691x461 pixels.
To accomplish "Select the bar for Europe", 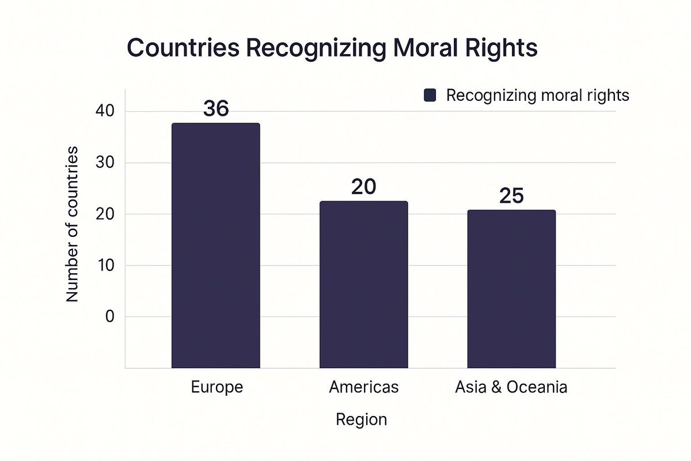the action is point(215,245).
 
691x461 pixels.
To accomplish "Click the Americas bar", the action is point(364,285).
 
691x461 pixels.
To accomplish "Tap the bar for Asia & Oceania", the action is point(511,289).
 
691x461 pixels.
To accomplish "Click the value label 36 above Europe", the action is point(216,108).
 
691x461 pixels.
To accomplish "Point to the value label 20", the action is point(364,187).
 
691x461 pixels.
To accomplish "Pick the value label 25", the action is point(511,196).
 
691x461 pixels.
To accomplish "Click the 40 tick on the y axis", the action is point(105,111).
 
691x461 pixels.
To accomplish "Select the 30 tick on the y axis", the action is point(105,162).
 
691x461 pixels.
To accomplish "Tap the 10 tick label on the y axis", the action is point(106,265).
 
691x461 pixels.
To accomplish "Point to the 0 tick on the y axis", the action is point(110,316).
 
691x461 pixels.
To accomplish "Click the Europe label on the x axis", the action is point(217,387).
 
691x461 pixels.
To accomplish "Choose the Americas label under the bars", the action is point(364,387).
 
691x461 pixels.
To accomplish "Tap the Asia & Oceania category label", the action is point(511,387).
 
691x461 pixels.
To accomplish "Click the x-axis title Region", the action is point(361,420).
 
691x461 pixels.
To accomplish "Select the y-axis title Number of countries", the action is point(72,224).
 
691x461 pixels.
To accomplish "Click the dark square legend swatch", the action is point(430,95).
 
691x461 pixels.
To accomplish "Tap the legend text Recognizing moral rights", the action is point(538,95).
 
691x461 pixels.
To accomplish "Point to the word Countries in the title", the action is point(183,48).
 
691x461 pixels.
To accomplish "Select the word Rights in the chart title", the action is point(502,49).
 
